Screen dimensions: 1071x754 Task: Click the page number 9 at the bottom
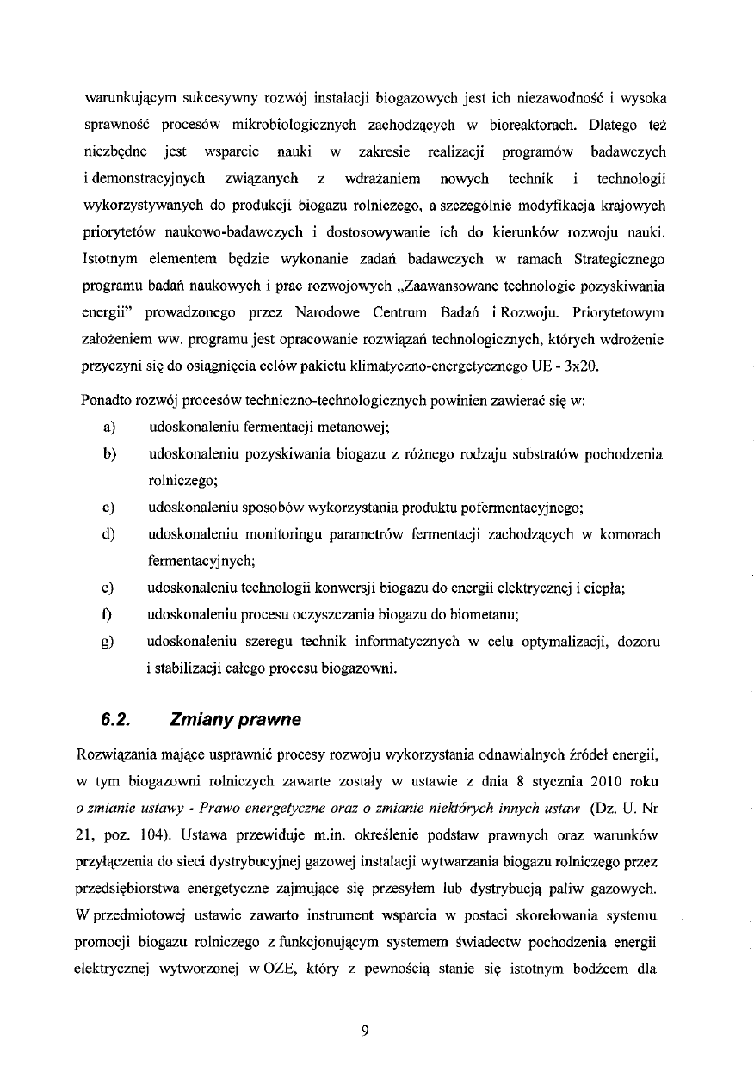pos(365,1031)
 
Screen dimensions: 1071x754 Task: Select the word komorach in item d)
pos(630,534)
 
